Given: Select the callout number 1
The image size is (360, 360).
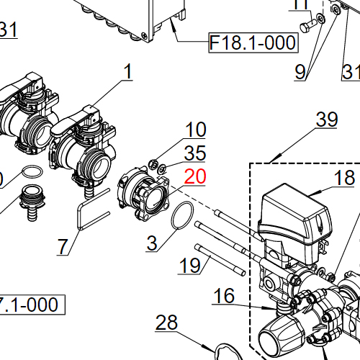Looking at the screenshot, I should (128, 72).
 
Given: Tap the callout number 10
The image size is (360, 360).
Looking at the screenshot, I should (195, 130).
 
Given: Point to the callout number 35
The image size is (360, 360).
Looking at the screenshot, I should (195, 153).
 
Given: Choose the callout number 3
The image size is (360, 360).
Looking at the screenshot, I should (151, 243).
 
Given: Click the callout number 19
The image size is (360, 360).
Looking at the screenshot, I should (189, 265).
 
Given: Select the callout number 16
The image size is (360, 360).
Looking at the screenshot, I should (224, 295).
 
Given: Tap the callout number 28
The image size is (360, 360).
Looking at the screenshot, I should (166, 323).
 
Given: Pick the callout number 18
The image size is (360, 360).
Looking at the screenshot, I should (344, 178).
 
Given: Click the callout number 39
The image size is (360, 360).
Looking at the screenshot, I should (326, 120).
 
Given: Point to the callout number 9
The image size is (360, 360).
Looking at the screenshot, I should (300, 71).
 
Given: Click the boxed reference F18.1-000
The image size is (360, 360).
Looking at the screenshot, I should (253, 43).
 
